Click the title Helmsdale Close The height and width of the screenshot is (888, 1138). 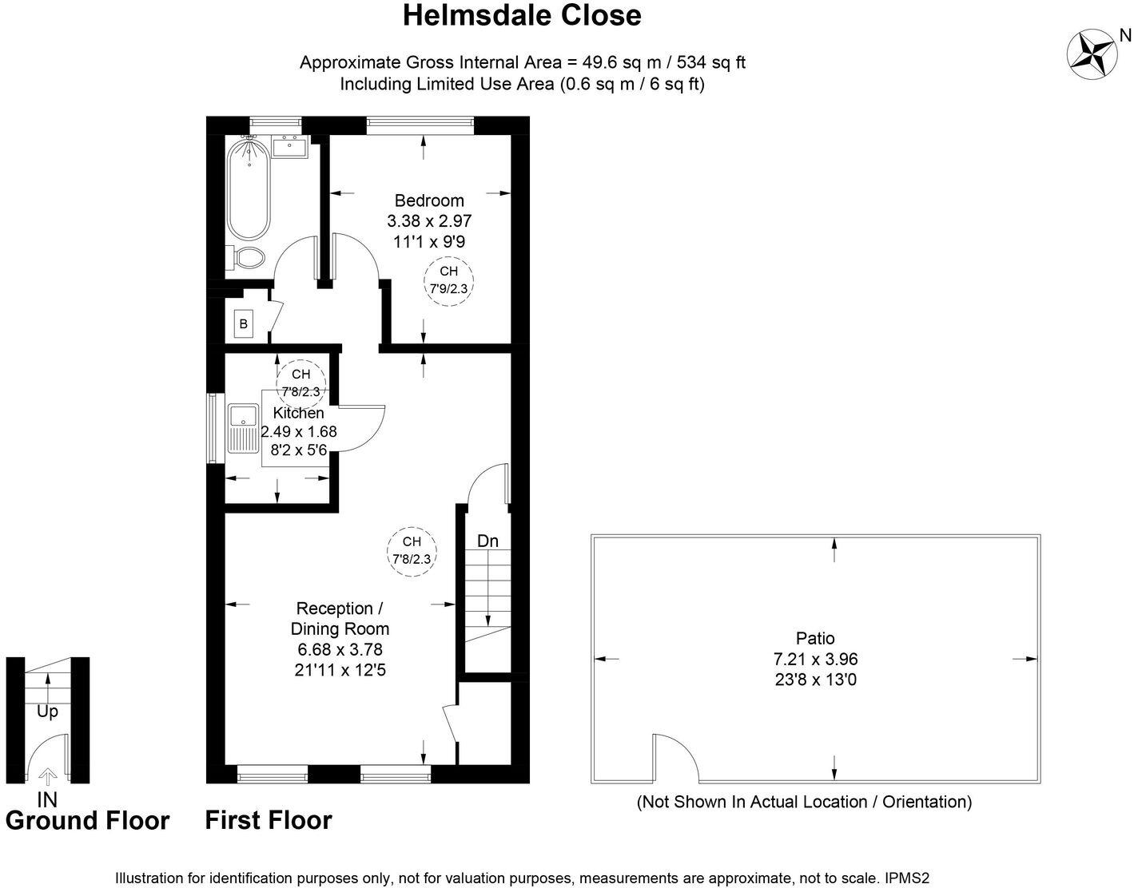(522, 15)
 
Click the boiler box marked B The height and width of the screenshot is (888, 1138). (243, 324)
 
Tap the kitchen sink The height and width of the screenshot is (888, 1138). (242, 417)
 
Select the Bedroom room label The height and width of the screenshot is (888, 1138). (429, 200)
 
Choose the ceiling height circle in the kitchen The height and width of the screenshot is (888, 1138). (300, 382)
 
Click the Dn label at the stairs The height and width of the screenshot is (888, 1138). (487, 541)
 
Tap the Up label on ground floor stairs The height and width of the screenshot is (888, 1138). (48, 712)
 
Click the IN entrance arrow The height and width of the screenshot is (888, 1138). (48, 776)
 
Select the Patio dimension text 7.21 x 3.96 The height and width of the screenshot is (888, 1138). (815, 660)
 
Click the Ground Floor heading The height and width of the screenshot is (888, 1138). (87, 821)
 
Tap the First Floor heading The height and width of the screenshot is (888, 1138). (269, 820)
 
